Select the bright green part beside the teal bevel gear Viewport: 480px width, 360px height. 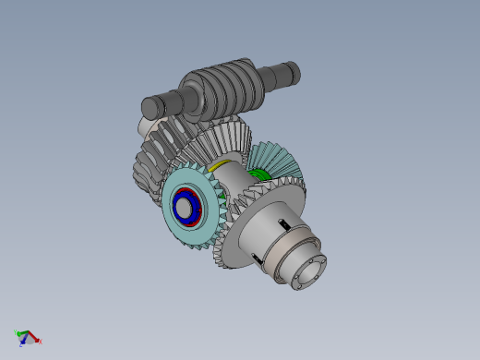pyautogui.click(x=260, y=174)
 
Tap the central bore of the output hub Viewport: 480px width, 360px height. pyautogui.click(x=306, y=271)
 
